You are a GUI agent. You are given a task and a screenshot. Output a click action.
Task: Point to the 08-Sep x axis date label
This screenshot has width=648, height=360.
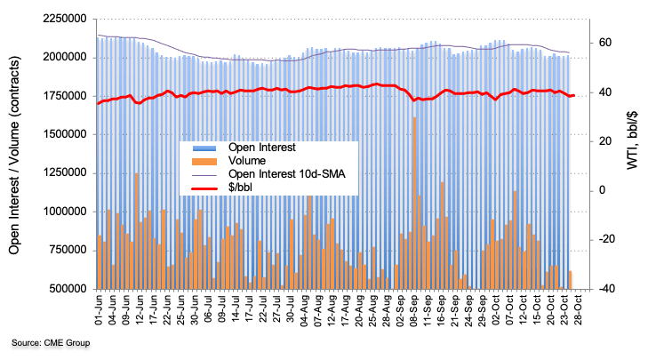coord(414,311)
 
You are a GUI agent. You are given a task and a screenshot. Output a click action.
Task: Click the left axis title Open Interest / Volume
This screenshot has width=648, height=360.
coord(16,154)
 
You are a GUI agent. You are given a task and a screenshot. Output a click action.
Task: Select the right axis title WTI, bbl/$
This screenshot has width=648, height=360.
coord(633,153)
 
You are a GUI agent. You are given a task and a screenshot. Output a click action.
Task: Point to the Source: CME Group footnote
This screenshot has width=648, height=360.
coord(51,342)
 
